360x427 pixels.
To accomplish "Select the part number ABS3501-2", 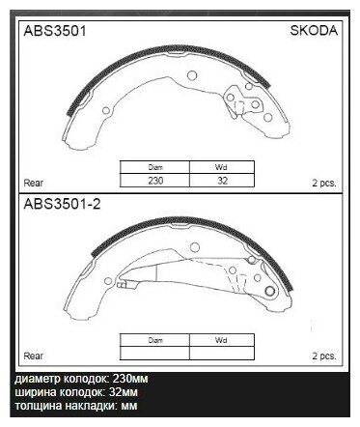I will coord(58,204).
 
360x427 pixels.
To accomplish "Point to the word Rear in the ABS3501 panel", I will coord(32,181).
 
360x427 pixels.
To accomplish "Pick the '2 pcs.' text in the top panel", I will coord(322,181).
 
